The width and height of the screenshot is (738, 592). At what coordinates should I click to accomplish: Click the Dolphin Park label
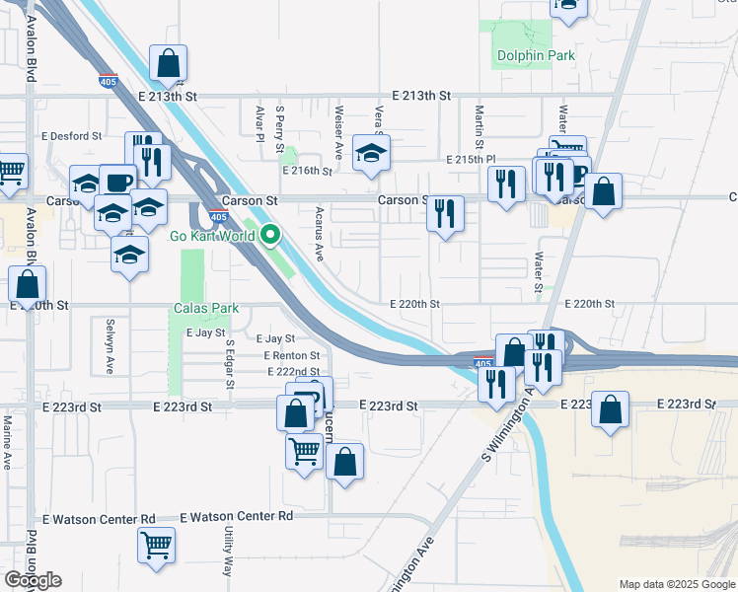tap(536, 56)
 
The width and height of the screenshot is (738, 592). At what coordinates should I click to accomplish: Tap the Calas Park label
tap(207, 309)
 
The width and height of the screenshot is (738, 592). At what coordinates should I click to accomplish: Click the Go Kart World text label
tap(212, 236)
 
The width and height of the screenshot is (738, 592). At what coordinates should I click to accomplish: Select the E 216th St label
tap(306, 171)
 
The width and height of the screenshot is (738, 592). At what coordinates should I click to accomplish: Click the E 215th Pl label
tap(470, 159)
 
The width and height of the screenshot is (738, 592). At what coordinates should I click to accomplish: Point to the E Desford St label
tap(71, 136)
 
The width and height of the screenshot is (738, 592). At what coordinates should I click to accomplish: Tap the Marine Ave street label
tap(7, 443)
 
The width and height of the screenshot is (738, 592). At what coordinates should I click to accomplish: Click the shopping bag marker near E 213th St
tap(169, 63)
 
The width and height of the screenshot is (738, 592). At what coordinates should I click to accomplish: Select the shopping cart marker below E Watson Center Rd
tap(156, 545)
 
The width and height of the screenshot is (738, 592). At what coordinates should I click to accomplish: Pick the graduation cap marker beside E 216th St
tap(371, 153)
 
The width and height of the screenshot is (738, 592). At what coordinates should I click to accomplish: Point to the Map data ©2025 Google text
tap(676, 584)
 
